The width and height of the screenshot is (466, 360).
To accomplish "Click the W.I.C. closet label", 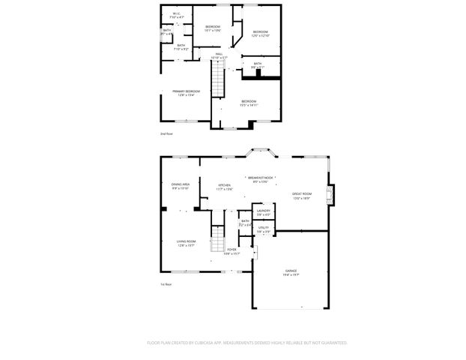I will click(176, 13).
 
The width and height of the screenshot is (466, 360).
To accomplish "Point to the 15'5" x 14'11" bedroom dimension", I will click(248, 105).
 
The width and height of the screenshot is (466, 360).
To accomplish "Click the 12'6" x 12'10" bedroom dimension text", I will click(260, 35).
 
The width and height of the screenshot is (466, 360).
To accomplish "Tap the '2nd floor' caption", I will click(166, 133).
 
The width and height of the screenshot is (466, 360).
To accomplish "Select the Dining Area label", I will click(180, 184).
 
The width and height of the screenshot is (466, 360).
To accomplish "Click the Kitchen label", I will click(224, 185).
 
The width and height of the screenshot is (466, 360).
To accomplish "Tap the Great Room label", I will click(301, 194).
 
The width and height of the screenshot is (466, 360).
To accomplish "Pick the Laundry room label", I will click(263, 211).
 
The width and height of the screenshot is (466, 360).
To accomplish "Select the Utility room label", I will click(263, 227).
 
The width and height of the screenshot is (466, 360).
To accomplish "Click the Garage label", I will click(291, 270).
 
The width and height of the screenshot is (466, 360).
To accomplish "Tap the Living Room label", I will click(186, 241).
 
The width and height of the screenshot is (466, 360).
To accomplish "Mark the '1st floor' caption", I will click(166, 284).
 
